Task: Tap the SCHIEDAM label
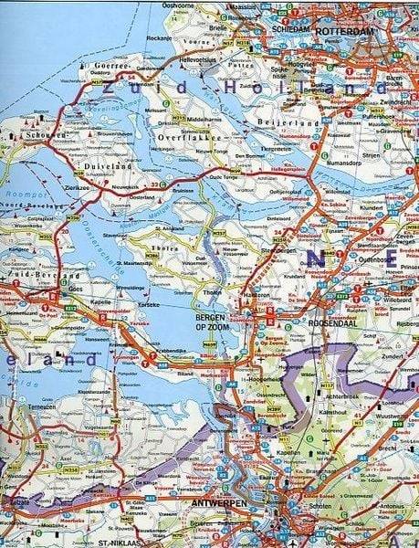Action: (292, 29)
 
